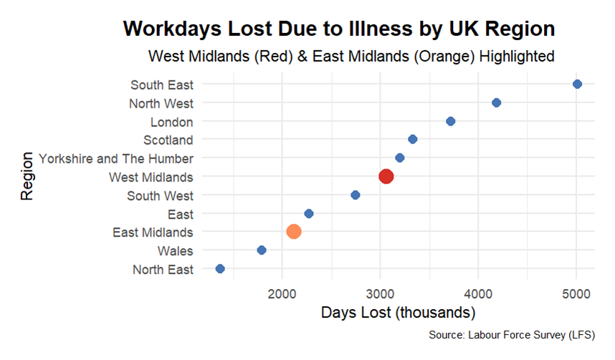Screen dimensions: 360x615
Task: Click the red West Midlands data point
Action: [x=386, y=176]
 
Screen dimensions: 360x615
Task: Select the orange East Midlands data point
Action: [x=294, y=231]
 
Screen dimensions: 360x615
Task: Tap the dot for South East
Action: [x=578, y=84]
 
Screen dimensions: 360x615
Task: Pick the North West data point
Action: [x=496, y=103]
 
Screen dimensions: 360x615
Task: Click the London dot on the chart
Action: [x=451, y=121]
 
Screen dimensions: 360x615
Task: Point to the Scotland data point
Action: [x=412, y=139]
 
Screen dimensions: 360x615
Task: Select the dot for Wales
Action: [x=262, y=250]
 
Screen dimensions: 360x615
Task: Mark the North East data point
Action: [x=220, y=269]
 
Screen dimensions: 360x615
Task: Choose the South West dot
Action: [x=356, y=195]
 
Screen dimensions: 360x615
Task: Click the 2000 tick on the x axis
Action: [x=282, y=293]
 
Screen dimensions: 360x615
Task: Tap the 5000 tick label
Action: [x=576, y=293]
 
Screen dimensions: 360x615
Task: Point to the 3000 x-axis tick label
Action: [x=381, y=293]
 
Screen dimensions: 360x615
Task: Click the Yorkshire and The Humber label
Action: [x=116, y=158]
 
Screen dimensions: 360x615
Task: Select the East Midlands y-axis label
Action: [x=153, y=232]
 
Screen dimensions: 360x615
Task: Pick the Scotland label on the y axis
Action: [x=168, y=140]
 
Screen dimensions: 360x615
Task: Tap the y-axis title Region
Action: [x=27, y=176]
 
